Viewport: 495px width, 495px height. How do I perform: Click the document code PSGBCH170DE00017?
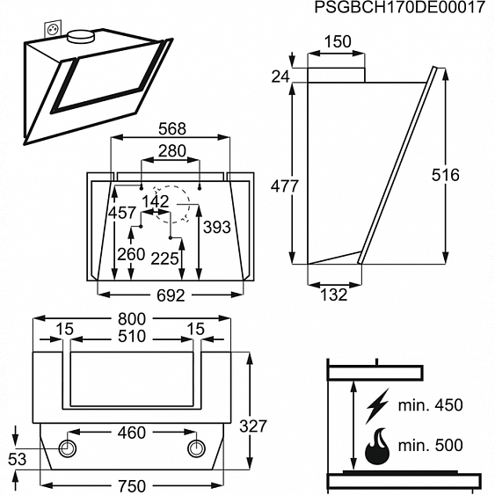coord(399,9)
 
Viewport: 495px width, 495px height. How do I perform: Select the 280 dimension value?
coord(171,151)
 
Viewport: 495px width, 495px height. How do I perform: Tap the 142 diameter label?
coord(156,201)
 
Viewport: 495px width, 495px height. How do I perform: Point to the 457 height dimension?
coord(121,214)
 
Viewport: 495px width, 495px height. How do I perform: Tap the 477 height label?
coord(284,186)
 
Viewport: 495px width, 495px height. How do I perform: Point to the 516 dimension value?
coord(446,175)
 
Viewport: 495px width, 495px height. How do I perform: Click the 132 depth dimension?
coord(333,295)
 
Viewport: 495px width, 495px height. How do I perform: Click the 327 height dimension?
coord(253,426)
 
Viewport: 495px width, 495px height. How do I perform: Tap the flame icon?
coord(376,447)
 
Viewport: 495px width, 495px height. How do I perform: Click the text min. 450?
coord(429,406)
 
